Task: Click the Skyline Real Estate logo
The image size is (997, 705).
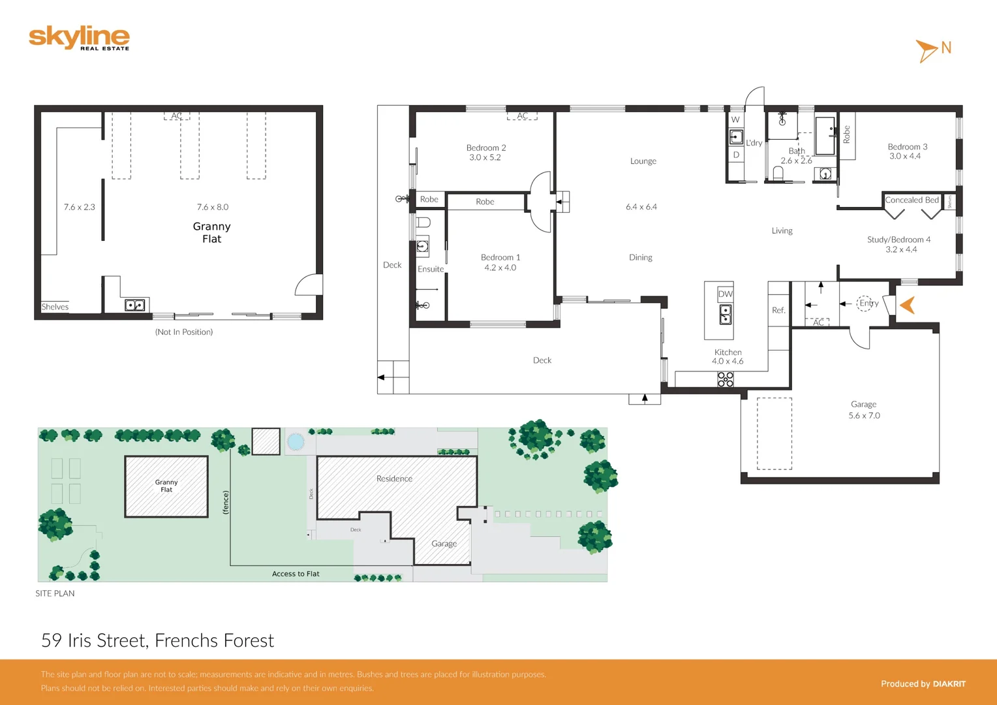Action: pyautogui.click(x=79, y=38)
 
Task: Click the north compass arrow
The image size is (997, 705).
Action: pyautogui.click(x=927, y=50)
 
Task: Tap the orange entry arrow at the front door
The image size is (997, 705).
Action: pyautogui.click(x=908, y=305)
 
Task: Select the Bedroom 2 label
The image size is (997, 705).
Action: pyautogui.click(x=485, y=148)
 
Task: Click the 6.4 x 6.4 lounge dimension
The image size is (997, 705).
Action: pyautogui.click(x=641, y=207)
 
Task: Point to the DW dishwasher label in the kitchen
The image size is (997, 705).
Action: pyautogui.click(x=725, y=294)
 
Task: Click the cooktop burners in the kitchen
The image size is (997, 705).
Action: pyautogui.click(x=725, y=379)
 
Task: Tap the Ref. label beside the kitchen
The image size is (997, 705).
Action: pyautogui.click(x=778, y=310)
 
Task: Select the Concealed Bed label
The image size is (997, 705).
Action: pyautogui.click(x=912, y=200)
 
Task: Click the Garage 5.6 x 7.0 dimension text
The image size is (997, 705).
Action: pyautogui.click(x=864, y=416)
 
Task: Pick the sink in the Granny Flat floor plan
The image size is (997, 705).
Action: pyautogui.click(x=134, y=305)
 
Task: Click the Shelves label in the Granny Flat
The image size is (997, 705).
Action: pyautogui.click(x=55, y=307)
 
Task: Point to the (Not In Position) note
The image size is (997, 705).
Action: pyautogui.click(x=184, y=332)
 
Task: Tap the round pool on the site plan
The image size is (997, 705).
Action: pyautogui.click(x=296, y=442)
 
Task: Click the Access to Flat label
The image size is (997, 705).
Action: pyautogui.click(x=296, y=574)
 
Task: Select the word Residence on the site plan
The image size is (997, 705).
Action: pyautogui.click(x=394, y=478)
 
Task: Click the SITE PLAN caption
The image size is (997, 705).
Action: pyautogui.click(x=55, y=593)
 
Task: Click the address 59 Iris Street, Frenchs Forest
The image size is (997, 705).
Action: pyautogui.click(x=157, y=640)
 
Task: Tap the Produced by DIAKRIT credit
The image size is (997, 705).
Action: pyautogui.click(x=923, y=683)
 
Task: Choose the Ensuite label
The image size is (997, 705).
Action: pyautogui.click(x=431, y=269)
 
